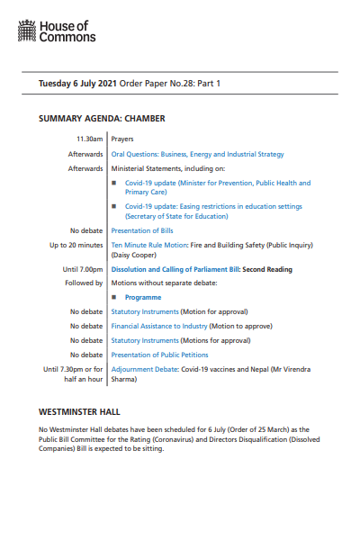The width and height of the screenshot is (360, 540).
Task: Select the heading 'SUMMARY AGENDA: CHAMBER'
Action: tap(102, 118)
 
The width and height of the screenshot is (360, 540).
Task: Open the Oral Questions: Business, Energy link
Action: tap(197, 154)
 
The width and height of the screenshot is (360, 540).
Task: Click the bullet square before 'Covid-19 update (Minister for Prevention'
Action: tap(114, 183)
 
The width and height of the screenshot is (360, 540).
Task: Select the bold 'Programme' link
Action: tap(143, 296)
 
